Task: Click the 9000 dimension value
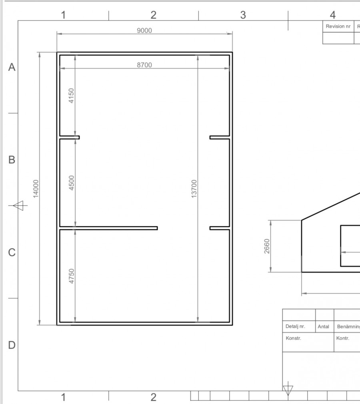pyautogui.click(x=144, y=30)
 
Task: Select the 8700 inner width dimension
pyautogui.click(x=144, y=65)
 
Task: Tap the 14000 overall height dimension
pyautogui.click(x=36, y=189)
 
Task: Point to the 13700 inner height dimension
pyautogui.click(x=194, y=189)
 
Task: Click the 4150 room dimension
pyautogui.click(x=71, y=96)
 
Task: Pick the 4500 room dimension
pyautogui.click(x=72, y=183)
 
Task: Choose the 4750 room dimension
pyautogui.click(x=72, y=276)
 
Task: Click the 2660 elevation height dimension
pyautogui.click(x=267, y=246)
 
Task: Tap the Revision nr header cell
pyautogui.click(x=338, y=26)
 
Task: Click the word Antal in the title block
pyautogui.click(x=323, y=327)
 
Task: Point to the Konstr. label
pyautogui.click(x=293, y=338)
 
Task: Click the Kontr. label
pyautogui.click(x=343, y=338)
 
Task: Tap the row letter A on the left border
pyautogui.click(x=12, y=67)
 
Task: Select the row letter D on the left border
pyautogui.click(x=12, y=345)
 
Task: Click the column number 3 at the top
pyautogui.click(x=243, y=15)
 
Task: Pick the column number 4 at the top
pyautogui.click(x=333, y=15)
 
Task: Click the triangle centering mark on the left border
pyautogui.click(x=18, y=206)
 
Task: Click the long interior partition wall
pyautogui.click(x=108, y=228)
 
